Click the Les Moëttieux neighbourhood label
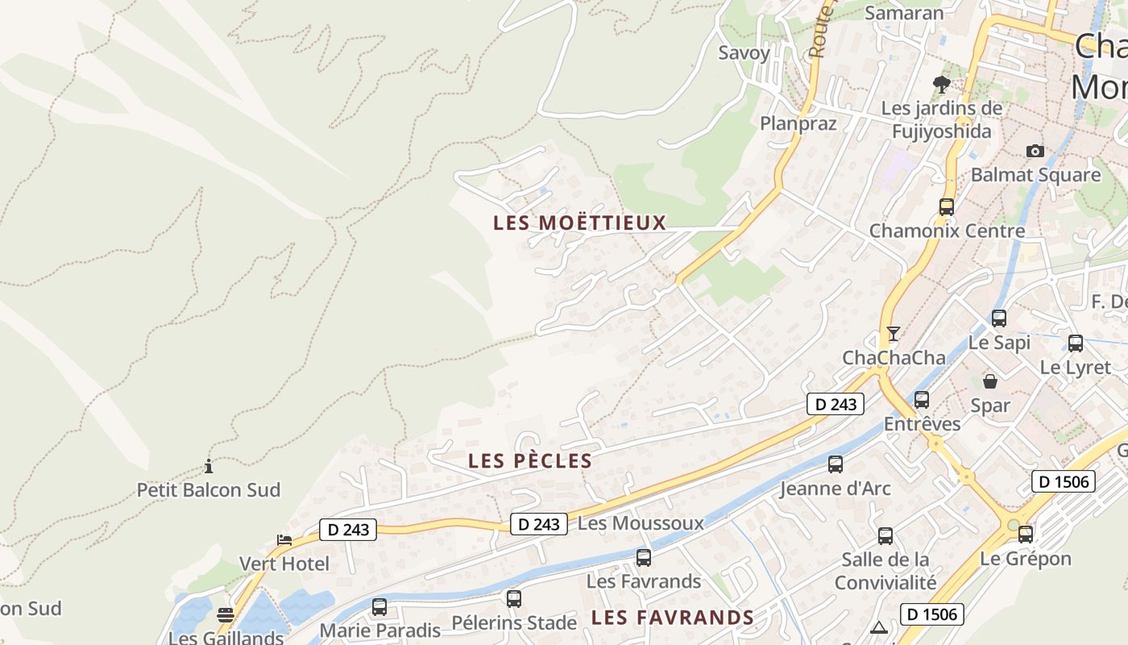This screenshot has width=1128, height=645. click(580, 223)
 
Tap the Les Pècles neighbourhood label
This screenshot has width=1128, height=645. click(530, 461)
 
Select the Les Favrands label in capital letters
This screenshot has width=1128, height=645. click(672, 618)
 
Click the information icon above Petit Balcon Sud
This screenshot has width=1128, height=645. click(209, 466)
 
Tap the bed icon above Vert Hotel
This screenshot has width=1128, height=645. click(284, 539)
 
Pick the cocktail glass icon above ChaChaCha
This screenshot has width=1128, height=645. click(893, 333)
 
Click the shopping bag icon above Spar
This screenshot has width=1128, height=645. click(990, 381)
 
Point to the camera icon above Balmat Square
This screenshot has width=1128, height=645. click(1035, 151)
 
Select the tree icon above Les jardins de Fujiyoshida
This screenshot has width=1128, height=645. click(940, 84)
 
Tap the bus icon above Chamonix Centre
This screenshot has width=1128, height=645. click(947, 206)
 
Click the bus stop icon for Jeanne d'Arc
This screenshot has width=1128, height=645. click(836, 464)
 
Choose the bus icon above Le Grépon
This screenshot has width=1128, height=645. click(1026, 534)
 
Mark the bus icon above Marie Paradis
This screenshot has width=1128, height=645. click(379, 606)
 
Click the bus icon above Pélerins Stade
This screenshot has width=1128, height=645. click(514, 598)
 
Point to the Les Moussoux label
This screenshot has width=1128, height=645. click(641, 523)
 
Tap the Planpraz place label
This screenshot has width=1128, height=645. click(798, 123)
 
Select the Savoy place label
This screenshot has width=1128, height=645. click(744, 53)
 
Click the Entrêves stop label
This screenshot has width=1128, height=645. click(922, 424)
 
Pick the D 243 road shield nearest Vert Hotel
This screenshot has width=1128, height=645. click(348, 530)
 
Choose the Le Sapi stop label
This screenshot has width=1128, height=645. click(999, 343)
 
